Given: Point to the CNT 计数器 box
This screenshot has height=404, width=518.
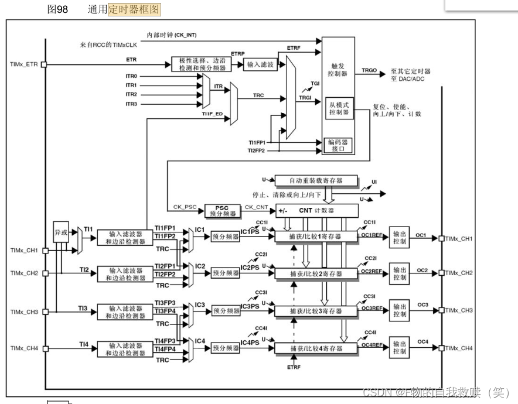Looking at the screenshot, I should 316,210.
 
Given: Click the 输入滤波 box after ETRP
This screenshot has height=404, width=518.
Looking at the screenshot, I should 260,64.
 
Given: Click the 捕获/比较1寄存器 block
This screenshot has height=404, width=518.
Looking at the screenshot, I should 316,237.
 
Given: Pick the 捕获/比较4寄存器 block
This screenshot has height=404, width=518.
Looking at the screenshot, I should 316,348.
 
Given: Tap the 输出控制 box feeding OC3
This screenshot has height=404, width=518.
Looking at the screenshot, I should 400,311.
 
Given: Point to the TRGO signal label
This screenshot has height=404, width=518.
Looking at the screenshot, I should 369,70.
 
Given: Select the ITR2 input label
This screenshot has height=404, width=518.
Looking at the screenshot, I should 131,94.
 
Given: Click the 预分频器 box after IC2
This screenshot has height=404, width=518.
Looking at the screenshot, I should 226,273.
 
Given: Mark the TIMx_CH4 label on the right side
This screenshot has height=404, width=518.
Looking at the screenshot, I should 459,348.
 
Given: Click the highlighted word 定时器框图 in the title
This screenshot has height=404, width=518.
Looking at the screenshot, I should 134,9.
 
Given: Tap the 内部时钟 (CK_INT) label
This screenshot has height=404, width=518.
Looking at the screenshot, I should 172,35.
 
